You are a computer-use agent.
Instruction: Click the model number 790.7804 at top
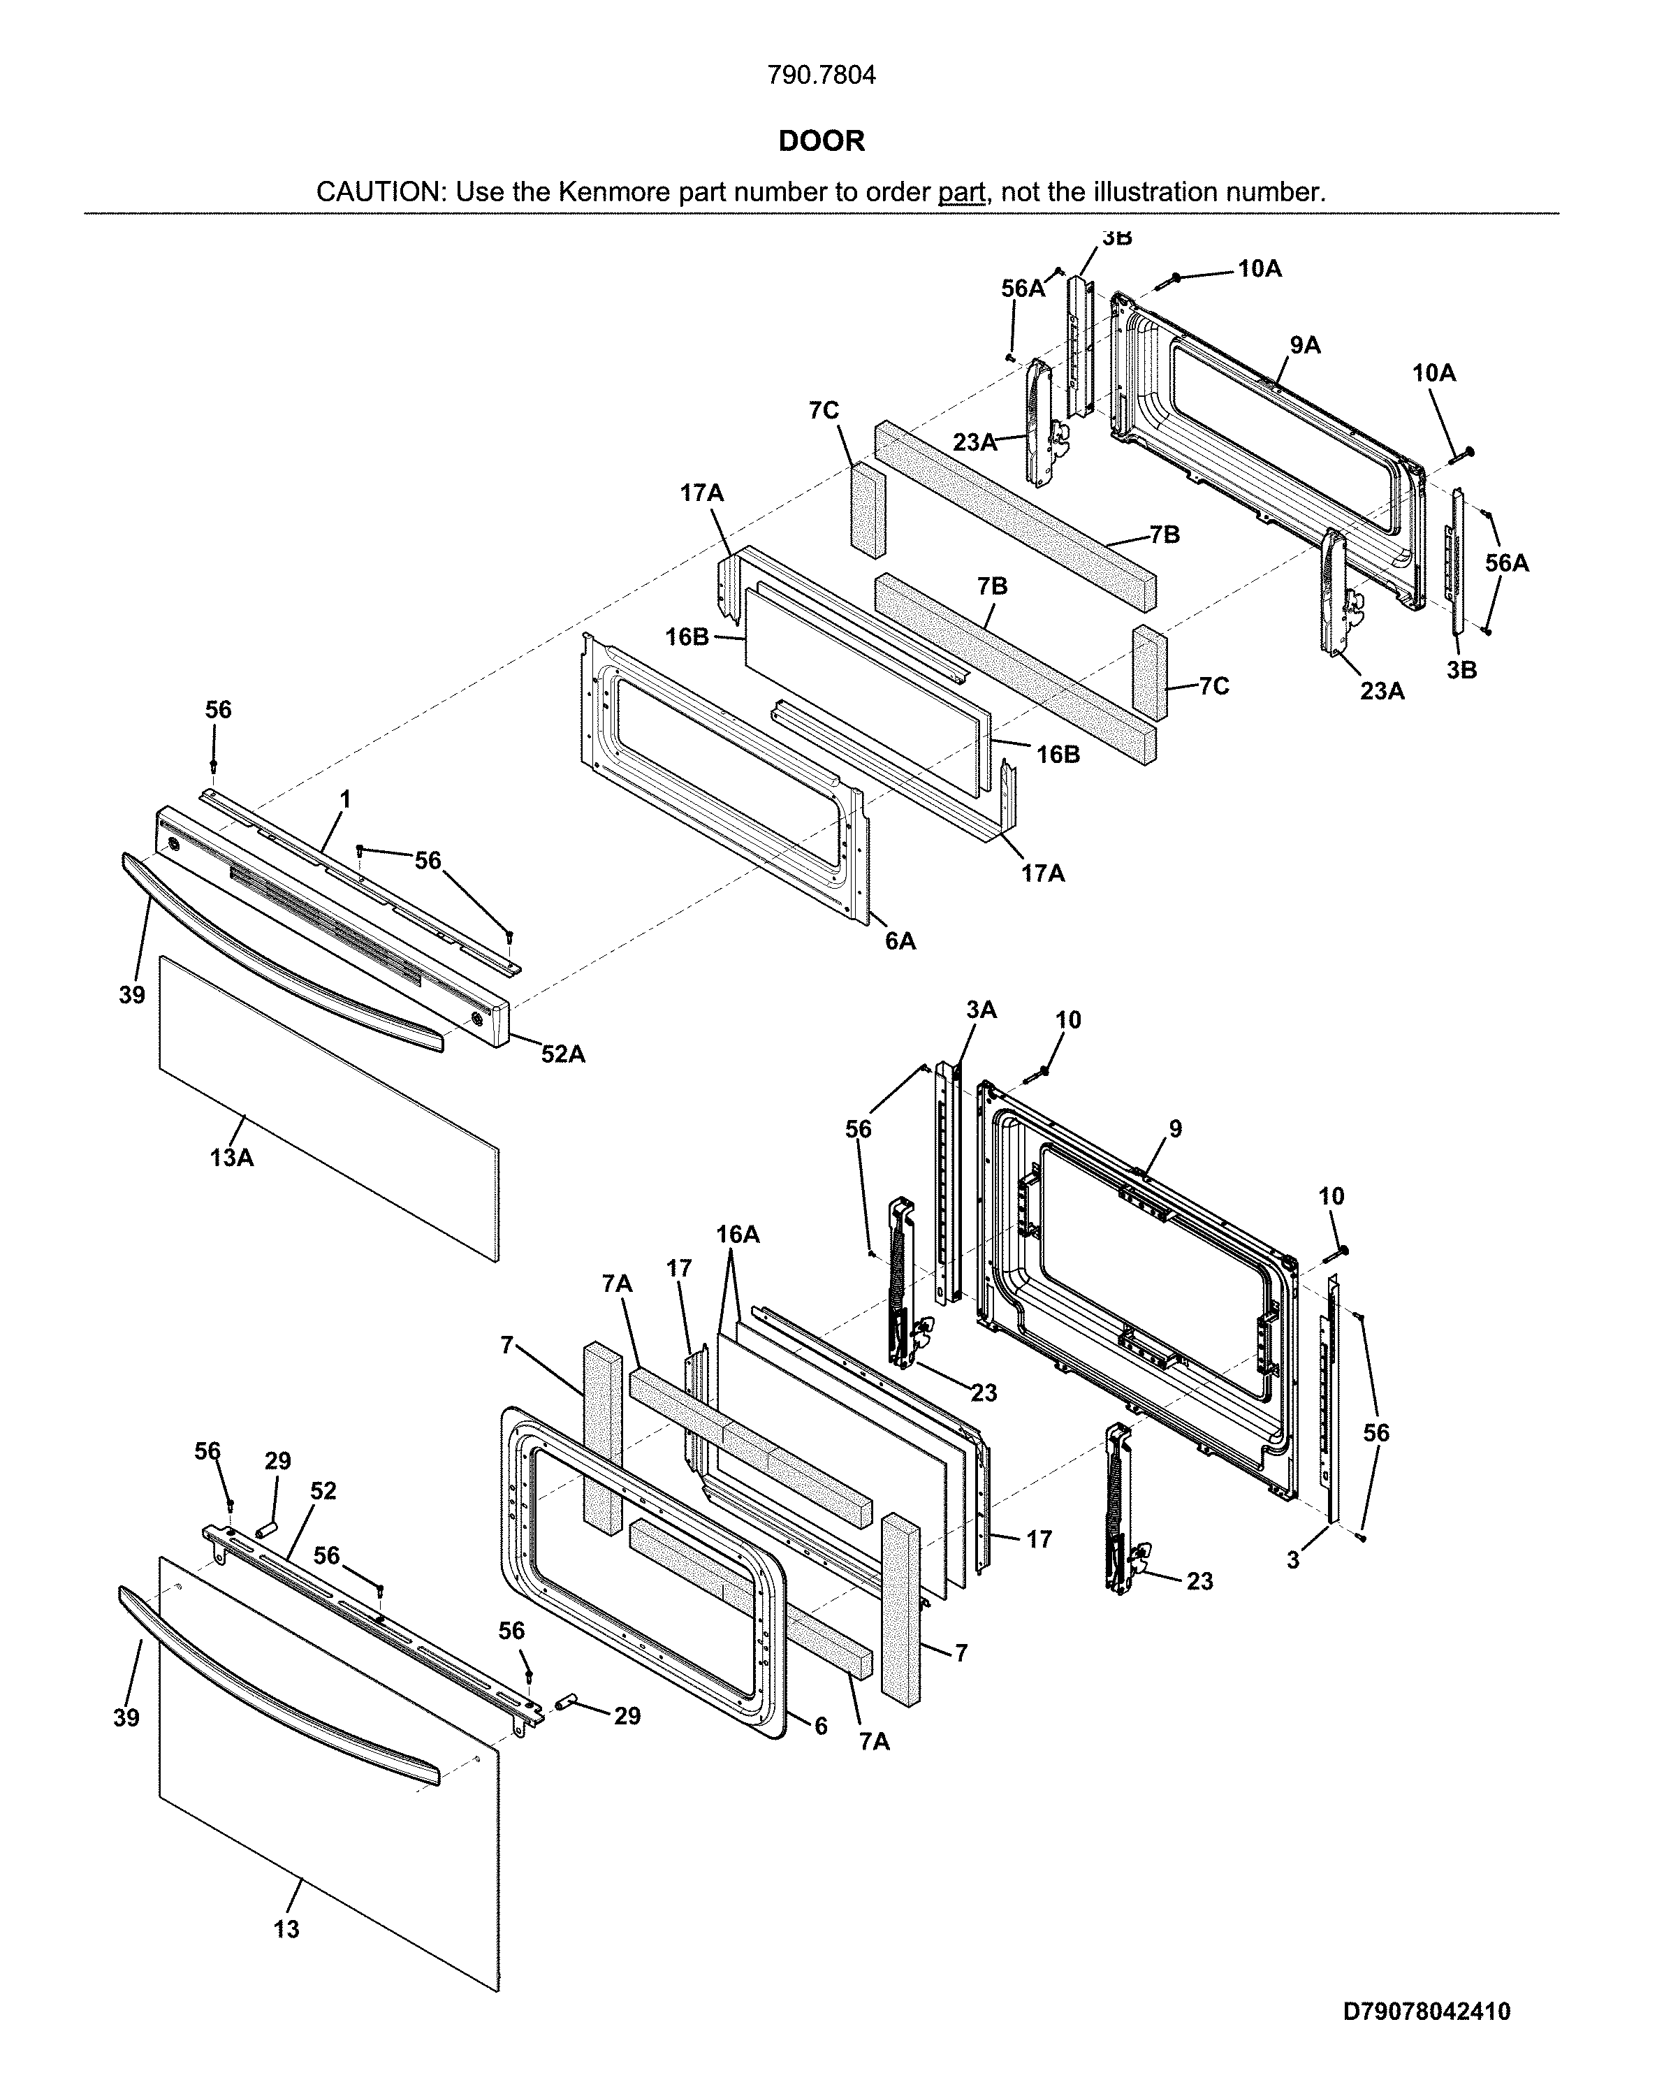821,75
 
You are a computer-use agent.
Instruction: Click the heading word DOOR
821,141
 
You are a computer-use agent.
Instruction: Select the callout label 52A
562,1054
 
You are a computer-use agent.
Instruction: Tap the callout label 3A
981,1010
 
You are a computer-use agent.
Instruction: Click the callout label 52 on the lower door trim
323,1491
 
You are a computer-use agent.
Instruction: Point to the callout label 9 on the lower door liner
1175,1128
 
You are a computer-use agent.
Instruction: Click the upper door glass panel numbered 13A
329,1113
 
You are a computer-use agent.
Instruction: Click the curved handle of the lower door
281,1690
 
